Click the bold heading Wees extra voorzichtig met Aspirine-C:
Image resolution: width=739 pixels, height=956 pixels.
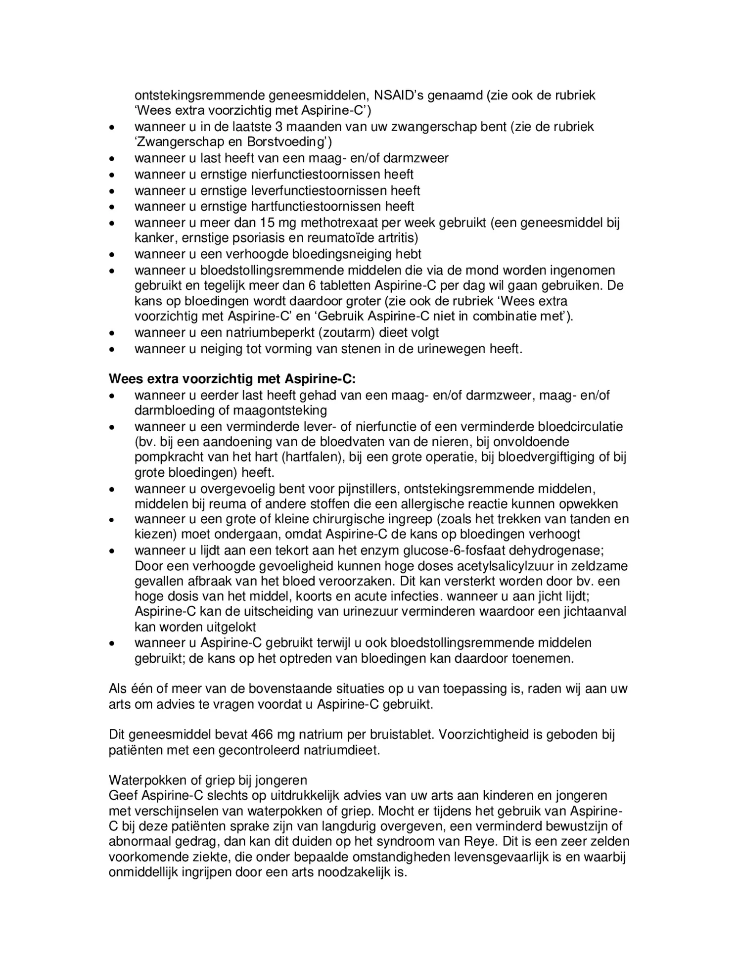click(232, 379)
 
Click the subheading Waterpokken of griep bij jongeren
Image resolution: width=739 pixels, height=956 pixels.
click(208, 780)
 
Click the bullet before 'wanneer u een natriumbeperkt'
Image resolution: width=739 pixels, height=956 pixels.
click(113, 334)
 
